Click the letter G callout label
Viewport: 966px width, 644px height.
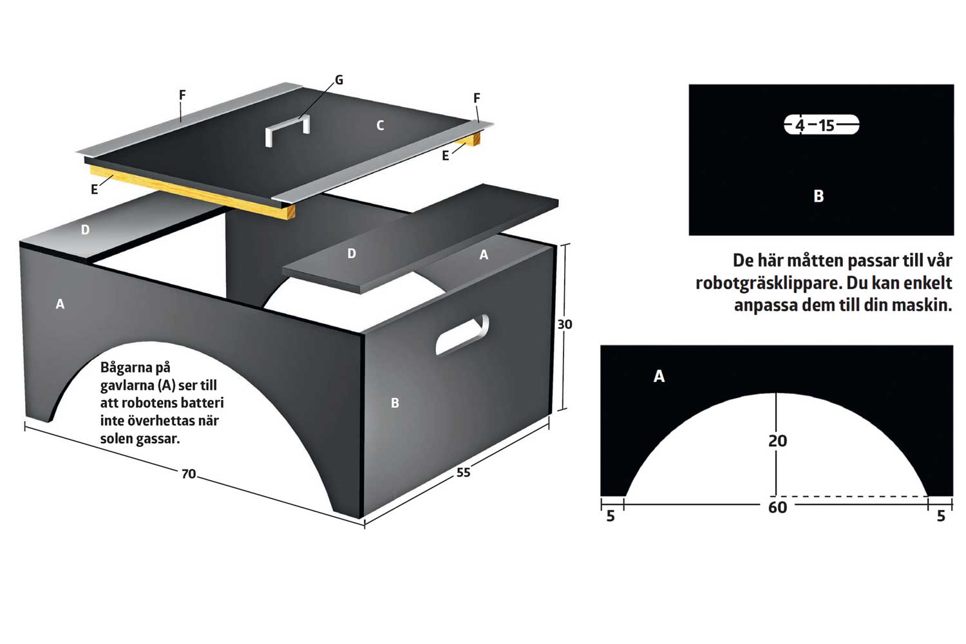pyautogui.click(x=339, y=80)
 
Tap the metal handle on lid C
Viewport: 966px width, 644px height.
pyautogui.click(x=287, y=130)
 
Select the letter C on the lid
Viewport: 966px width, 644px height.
pyautogui.click(x=380, y=126)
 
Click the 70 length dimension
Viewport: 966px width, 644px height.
pyautogui.click(x=189, y=473)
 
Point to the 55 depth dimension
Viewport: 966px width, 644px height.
pyautogui.click(x=463, y=472)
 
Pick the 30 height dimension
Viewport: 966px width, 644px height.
pyautogui.click(x=565, y=324)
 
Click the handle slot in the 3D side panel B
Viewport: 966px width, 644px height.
pyautogui.click(x=462, y=335)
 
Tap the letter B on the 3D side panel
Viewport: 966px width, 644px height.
pyautogui.click(x=395, y=403)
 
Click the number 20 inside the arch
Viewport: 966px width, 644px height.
pyautogui.click(x=777, y=441)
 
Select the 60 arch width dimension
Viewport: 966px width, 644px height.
pyautogui.click(x=777, y=507)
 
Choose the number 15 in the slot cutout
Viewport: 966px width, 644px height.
pyautogui.click(x=827, y=126)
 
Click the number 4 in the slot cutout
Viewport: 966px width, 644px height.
pyautogui.click(x=800, y=126)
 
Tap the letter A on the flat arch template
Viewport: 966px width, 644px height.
pyautogui.click(x=659, y=376)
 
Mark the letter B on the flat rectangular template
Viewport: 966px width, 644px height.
pyautogui.click(x=819, y=196)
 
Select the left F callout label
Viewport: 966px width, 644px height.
pyautogui.click(x=182, y=95)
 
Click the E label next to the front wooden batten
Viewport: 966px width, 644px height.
pyautogui.click(x=95, y=190)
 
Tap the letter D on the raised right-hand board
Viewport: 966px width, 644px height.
pyautogui.click(x=352, y=254)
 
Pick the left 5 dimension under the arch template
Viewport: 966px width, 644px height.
pyautogui.click(x=611, y=516)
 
